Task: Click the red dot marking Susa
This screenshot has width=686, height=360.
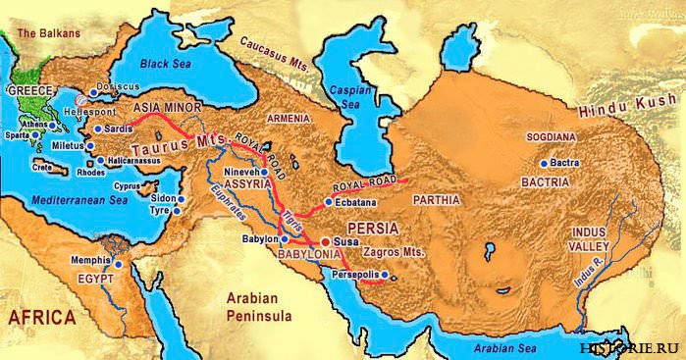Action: click(325, 239)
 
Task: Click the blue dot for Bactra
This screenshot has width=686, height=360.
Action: click(544, 164)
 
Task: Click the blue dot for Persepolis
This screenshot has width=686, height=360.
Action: click(385, 274)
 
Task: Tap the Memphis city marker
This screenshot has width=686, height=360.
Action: click(118, 264)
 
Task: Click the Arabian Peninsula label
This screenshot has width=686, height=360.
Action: click(254, 307)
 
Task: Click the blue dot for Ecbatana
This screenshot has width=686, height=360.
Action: click(328, 201)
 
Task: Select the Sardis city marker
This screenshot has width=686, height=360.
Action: click(96, 128)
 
